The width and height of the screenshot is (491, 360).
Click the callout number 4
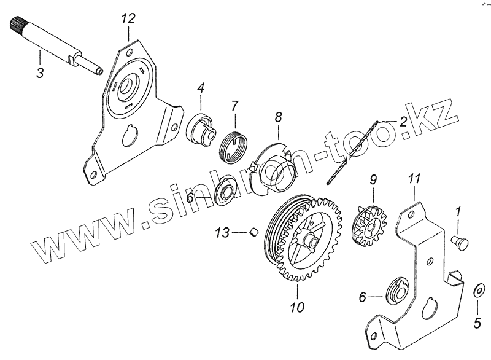(x=200, y=90)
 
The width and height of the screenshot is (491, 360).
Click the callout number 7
(x=234, y=107)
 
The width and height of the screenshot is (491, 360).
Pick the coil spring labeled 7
(x=233, y=145)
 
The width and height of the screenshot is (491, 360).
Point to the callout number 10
(x=296, y=305)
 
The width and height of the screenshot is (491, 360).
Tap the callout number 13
(x=223, y=232)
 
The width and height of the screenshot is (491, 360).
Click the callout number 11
(x=414, y=179)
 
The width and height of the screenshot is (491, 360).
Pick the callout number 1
(x=457, y=213)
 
